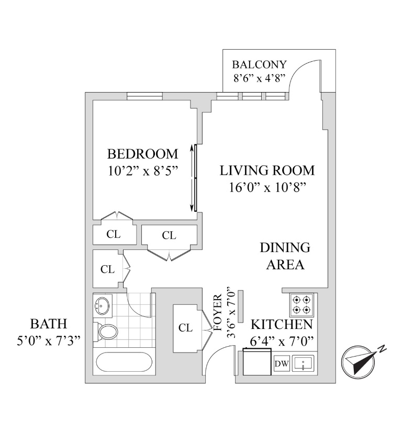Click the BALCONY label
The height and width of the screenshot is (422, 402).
260,65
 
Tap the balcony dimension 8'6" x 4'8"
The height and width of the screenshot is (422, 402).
260,79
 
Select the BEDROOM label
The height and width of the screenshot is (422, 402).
142,154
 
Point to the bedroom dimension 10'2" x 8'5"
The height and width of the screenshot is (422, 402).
142,171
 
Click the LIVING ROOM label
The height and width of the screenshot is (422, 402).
267,170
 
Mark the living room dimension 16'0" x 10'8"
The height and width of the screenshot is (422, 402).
267,187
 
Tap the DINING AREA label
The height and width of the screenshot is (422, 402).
285,256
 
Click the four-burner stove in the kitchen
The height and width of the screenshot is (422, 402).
303,305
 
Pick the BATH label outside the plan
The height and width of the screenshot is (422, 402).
48,323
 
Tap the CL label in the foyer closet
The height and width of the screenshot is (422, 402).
185,328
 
